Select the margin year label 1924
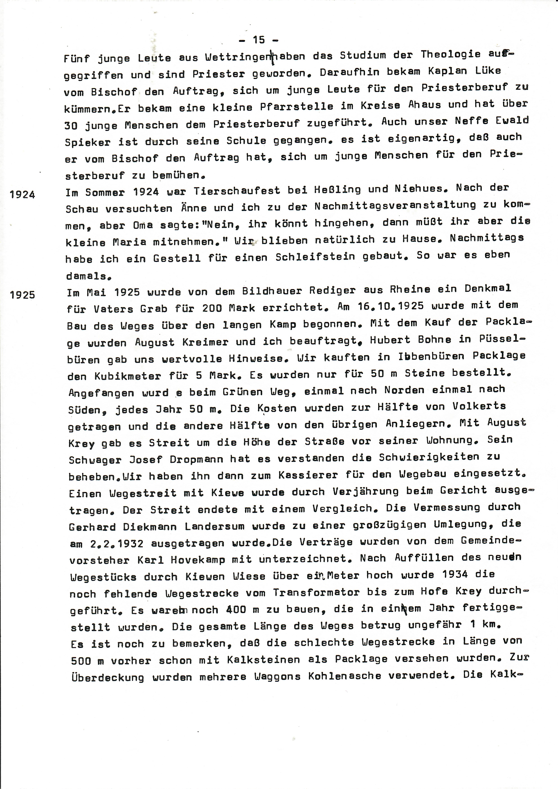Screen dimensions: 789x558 22,195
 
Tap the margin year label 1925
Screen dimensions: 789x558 22,295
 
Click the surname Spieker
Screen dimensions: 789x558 88,142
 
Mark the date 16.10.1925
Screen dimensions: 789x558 390,306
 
